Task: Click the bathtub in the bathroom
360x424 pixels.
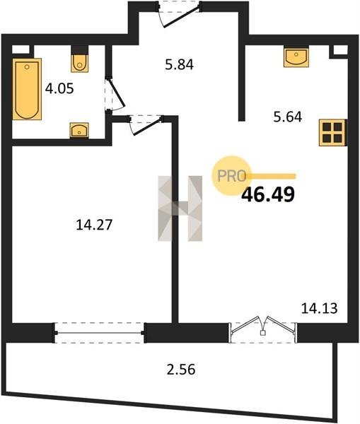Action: (27, 89)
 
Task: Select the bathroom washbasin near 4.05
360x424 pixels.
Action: (79, 130)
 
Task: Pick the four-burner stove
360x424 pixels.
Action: (332, 133)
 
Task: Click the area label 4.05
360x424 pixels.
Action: (59, 89)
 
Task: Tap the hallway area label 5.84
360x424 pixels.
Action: (179, 65)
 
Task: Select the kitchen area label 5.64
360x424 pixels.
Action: (287, 117)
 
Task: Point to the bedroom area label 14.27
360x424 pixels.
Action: (94, 225)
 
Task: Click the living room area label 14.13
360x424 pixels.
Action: (320, 308)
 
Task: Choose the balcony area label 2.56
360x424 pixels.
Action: (181, 370)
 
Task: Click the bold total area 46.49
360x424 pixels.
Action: (267, 195)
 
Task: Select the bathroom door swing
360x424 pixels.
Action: (115, 94)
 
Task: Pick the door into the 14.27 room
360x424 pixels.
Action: (146, 124)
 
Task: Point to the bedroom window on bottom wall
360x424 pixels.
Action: (99, 333)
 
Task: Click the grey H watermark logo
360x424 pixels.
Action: (180, 208)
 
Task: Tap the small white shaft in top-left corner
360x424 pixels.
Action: (21, 49)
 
